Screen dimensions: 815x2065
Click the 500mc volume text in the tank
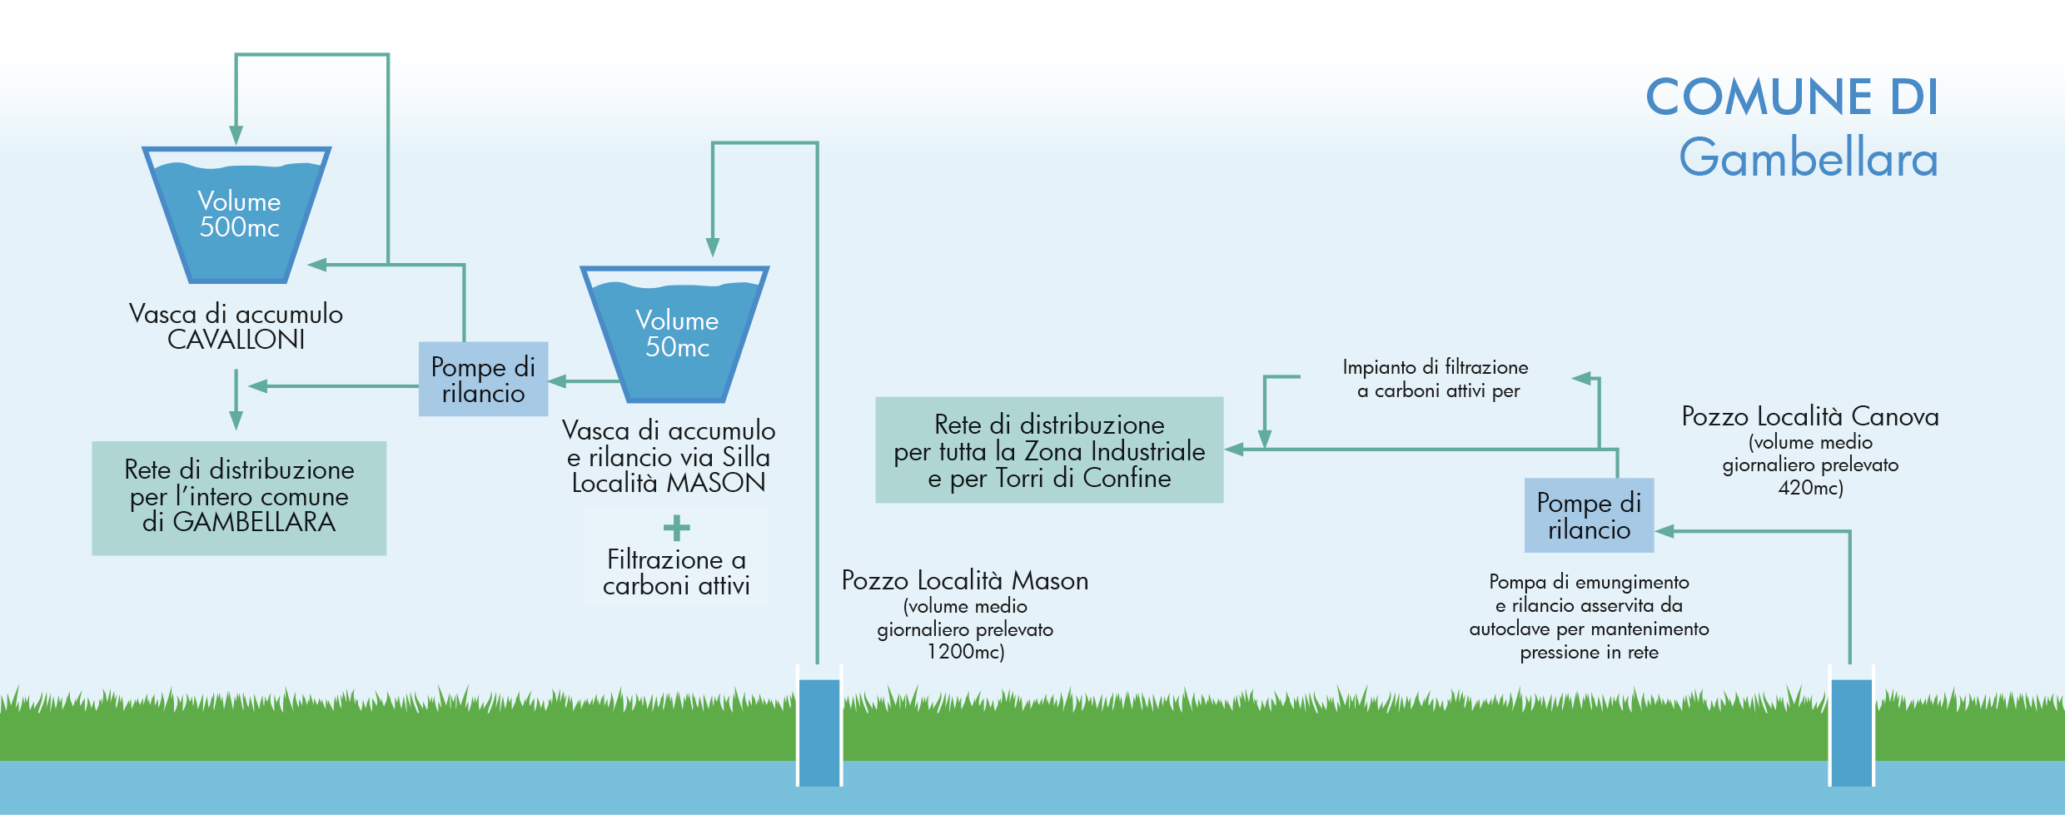pos(239,227)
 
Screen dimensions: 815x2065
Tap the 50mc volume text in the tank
pos(677,347)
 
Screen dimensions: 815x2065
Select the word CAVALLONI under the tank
pos(236,340)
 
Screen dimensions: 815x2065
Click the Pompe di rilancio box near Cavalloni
pos(483,379)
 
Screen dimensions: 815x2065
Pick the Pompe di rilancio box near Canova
pos(1589,515)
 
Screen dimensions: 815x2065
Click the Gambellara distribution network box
pos(239,497)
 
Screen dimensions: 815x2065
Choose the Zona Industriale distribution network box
pos(1049,450)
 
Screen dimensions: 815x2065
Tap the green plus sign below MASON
pos(676,528)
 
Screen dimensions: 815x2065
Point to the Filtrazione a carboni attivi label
pos(676,572)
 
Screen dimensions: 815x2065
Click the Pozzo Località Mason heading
pos(965,580)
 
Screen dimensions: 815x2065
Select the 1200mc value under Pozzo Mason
pos(965,652)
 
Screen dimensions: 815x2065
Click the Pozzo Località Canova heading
pos(1810,416)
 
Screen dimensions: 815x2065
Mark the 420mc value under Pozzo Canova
pos(1810,488)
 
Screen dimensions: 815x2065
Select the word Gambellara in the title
pos(1809,158)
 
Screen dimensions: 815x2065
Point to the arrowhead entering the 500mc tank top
pos(236,135)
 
